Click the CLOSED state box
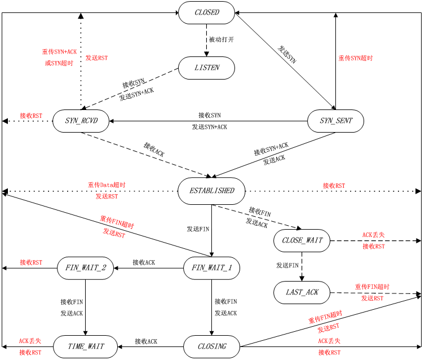206,12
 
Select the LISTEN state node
206,68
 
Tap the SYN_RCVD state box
81,121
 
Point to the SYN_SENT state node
335,121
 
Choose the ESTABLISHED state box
211,191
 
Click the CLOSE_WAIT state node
302,240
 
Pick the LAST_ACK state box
302,292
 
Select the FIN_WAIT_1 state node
211,268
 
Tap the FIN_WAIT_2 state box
86,268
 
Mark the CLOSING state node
211,346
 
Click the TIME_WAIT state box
86,346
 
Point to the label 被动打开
222,40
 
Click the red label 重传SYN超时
356,58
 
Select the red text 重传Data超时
107,185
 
